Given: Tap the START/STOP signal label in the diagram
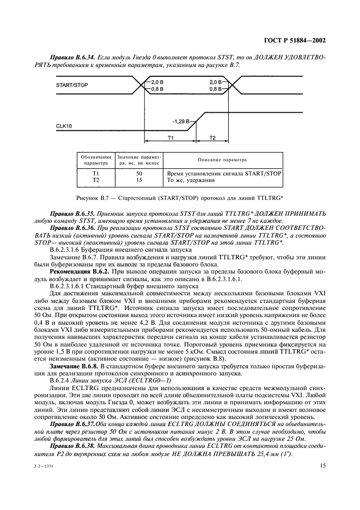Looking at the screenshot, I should coord(73,86).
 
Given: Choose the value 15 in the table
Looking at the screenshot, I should coord(139,179).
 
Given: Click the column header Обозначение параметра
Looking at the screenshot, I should coord(96,160).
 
